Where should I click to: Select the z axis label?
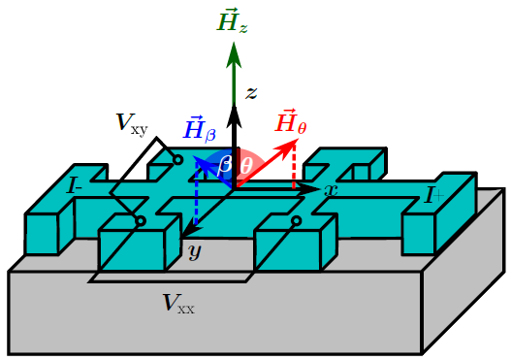pyautogui.click(x=250, y=93)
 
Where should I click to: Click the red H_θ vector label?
pyautogui.click(x=292, y=123)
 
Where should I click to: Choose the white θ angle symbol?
pyautogui.click(x=246, y=164)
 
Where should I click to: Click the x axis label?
pyautogui.click(x=330, y=190)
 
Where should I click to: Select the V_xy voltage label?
pyautogui.click(x=131, y=123)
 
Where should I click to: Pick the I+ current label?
pyautogui.click(x=432, y=197)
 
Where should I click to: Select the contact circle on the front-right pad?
pyautogui.click(x=296, y=220)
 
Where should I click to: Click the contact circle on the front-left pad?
pyautogui.click(x=141, y=221)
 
